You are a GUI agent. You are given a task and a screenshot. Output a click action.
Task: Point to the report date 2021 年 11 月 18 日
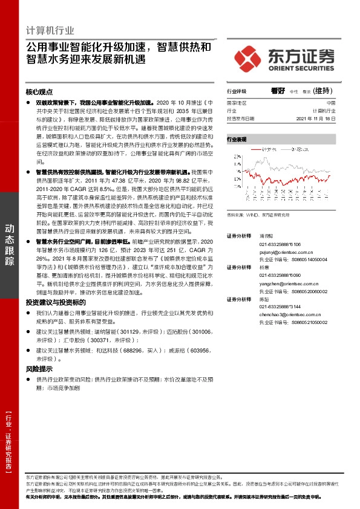[314, 118]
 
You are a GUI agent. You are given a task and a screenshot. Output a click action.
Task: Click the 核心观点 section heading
[39, 92]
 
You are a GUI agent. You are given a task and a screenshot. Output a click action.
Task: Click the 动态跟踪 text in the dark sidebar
[10, 244]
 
